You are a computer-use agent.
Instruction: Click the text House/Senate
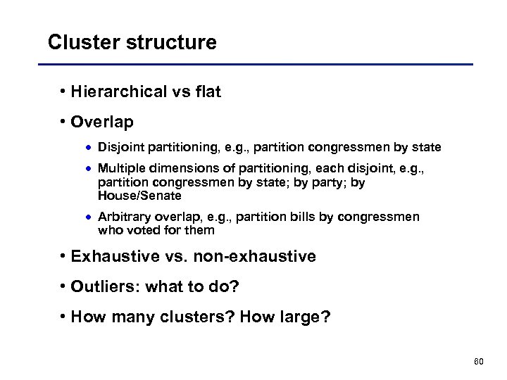(x=139, y=195)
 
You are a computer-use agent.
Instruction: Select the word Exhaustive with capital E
(x=115, y=257)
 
